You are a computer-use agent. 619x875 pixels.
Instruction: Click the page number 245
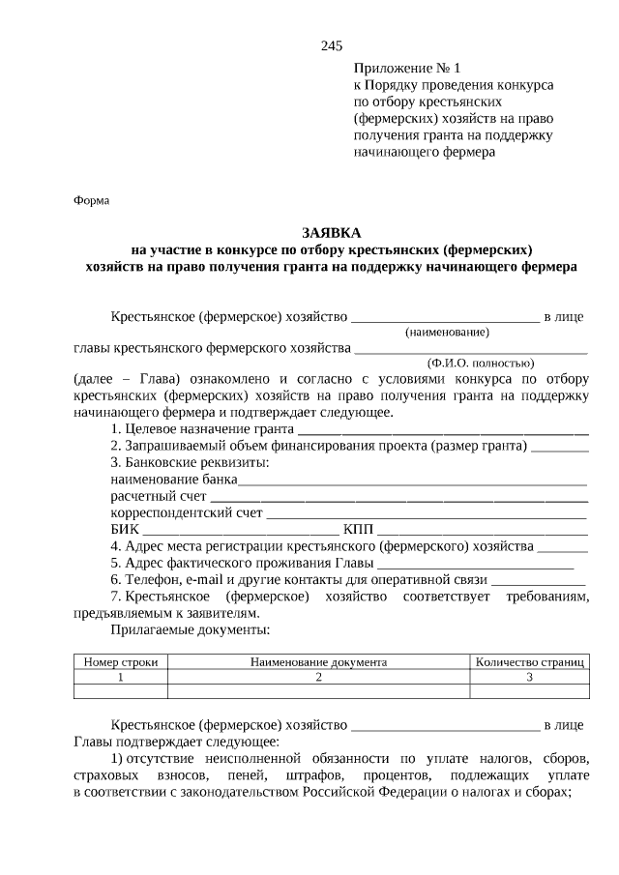point(331,45)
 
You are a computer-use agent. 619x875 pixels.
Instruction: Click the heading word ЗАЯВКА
point(331,233)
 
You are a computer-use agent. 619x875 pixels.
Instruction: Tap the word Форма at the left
point(92,200)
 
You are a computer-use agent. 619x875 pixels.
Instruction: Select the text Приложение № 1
point(408,69)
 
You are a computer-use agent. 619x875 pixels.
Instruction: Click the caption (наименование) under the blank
point(447,333)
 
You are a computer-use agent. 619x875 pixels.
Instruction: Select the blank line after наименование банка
point(413,480)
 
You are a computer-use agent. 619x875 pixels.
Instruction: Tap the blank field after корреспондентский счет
point(427,513)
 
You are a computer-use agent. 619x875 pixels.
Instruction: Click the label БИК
point(125,530)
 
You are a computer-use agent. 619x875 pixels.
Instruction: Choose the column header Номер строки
point(121,662)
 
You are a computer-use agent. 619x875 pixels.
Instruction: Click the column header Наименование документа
point(318,662)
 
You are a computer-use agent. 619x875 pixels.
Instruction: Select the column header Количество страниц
point(529,662)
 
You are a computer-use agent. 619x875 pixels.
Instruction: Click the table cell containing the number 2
point(318,677)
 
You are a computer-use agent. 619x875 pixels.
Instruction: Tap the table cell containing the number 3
point(529,677)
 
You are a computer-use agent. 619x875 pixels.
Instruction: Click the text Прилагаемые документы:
point(190,629)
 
